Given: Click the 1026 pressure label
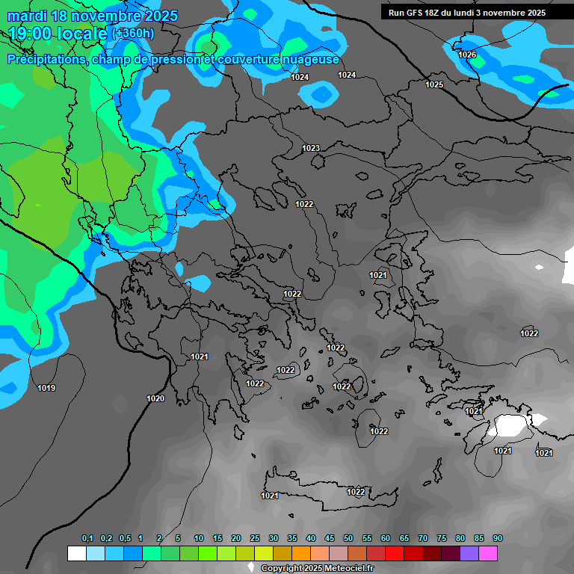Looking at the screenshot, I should click(467, 55).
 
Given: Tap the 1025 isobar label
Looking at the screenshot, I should click(434, 84).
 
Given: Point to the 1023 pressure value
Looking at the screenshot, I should click(311, 148).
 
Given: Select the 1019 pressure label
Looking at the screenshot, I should click(46, 388).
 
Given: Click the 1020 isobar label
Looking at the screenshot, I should click(155, 398).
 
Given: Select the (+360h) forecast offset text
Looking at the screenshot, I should click(133, 33).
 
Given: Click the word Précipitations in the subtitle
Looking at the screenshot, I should click(46, 60).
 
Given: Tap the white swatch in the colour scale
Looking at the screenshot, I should click(76, 553).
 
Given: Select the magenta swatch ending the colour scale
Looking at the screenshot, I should click(488, 553).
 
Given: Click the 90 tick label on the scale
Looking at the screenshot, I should click(498, 539).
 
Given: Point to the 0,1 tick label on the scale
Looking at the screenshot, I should click(87, 539).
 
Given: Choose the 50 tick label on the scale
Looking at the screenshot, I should click(348, 539).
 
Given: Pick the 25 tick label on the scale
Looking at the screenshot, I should click(255, 539).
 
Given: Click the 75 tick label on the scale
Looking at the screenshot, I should click(442, 539).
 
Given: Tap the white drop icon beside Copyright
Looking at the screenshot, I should click(251, 569).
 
